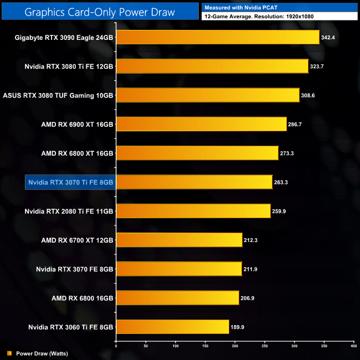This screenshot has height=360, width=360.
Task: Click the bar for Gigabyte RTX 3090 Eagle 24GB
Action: (x=218, y=37)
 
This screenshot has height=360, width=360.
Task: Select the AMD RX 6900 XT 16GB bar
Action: (x=201, y=124)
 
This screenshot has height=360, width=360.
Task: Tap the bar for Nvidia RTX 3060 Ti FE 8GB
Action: (x=172, y=327)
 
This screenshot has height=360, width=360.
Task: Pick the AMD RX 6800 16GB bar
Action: (x=177, y=297)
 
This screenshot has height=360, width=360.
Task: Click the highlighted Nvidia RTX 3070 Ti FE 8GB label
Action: (x=70, y=182)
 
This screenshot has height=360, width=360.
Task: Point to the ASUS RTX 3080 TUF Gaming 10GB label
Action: (x=58, y=95)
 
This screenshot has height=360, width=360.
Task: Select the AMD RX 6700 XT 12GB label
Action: (x=78, y=240)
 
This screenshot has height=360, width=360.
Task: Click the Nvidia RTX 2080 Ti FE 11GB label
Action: (x=69, y=211)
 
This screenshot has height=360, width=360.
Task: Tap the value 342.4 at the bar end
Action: (x=329, y=38)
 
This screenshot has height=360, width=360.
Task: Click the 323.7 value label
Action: (x=318, y=66)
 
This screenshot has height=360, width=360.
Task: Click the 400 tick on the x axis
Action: (x=353, y=346)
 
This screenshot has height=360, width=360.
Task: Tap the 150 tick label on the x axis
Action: (x=205, y=346)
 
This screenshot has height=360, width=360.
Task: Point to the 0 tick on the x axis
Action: (x=116, y=346)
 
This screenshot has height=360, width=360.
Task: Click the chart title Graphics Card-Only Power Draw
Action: (x=100, y=11)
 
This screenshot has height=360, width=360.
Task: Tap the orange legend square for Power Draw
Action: (x=9, y=353)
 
